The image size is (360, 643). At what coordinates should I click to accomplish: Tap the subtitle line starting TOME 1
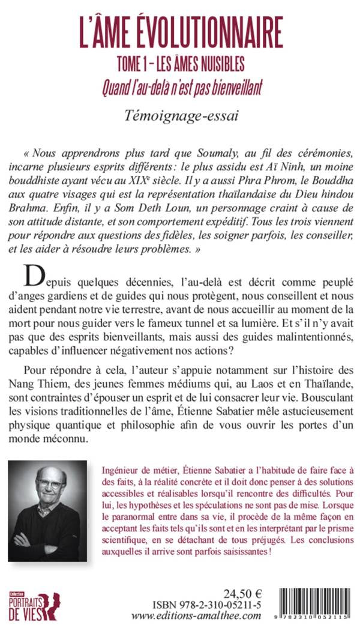(181, 64)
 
